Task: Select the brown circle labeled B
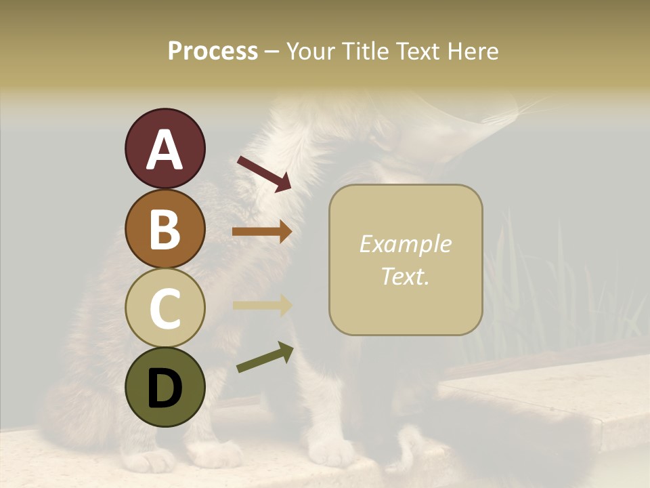click(x=165, y=228)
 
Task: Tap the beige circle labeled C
click(x=165, y=308)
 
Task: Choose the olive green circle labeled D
click(x=165, y=387)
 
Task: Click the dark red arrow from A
click(x=264, y=173)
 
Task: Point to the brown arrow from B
click(x=262, y=232)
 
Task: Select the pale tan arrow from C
click(x=262, y=305)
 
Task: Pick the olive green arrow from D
click(x=265, y=357)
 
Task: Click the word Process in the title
click(x=213, y=51)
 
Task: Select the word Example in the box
click(x=405, y=244)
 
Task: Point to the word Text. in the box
click(x=405, y=277)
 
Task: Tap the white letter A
click(x=165, y=150)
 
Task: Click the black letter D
click(x=165, y=388)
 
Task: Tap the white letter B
click(x=165, y=229)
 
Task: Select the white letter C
click(x=165, y=308)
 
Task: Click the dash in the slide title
click(x=272, y=52)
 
